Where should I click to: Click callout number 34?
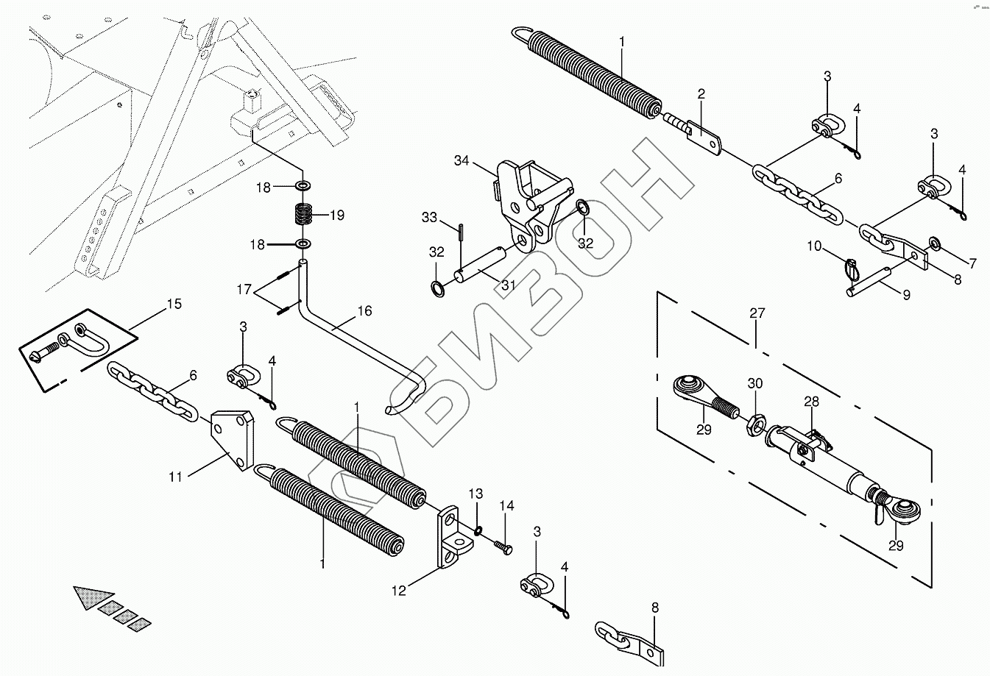tap(462, 160)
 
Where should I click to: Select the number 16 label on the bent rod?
tap(365, 312)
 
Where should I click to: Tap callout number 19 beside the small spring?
tap(337, 216)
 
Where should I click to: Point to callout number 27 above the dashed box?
tap(757, 313)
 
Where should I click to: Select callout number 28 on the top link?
tap(811, 402)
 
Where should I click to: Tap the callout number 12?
tap(398, 589)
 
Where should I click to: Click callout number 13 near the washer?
tap(476, 492)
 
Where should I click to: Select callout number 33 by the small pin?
tap(429, 217)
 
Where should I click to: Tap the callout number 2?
tap(701, 93)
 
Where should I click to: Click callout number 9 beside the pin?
tap(906, 295)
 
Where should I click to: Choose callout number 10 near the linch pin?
tap(813, 246)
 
